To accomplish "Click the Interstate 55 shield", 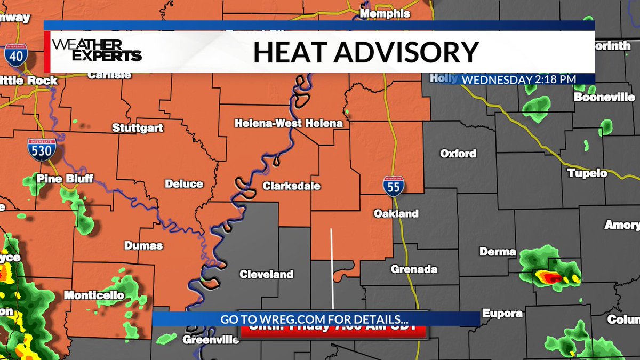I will pos(393,186).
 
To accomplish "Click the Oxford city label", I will pos(458,154).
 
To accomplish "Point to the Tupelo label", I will pos(587,173).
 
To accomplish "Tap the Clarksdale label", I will pos(291,186).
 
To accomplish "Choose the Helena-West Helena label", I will pos(289,123).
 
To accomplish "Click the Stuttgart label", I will pos(138,128).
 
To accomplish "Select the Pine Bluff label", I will pos(58,179).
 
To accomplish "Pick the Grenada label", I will pos(414,269).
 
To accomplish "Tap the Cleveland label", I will pos(266,274).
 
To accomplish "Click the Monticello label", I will pos(94,295).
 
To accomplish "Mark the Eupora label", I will pos(502,313).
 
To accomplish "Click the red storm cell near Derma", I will pos(551,277).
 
